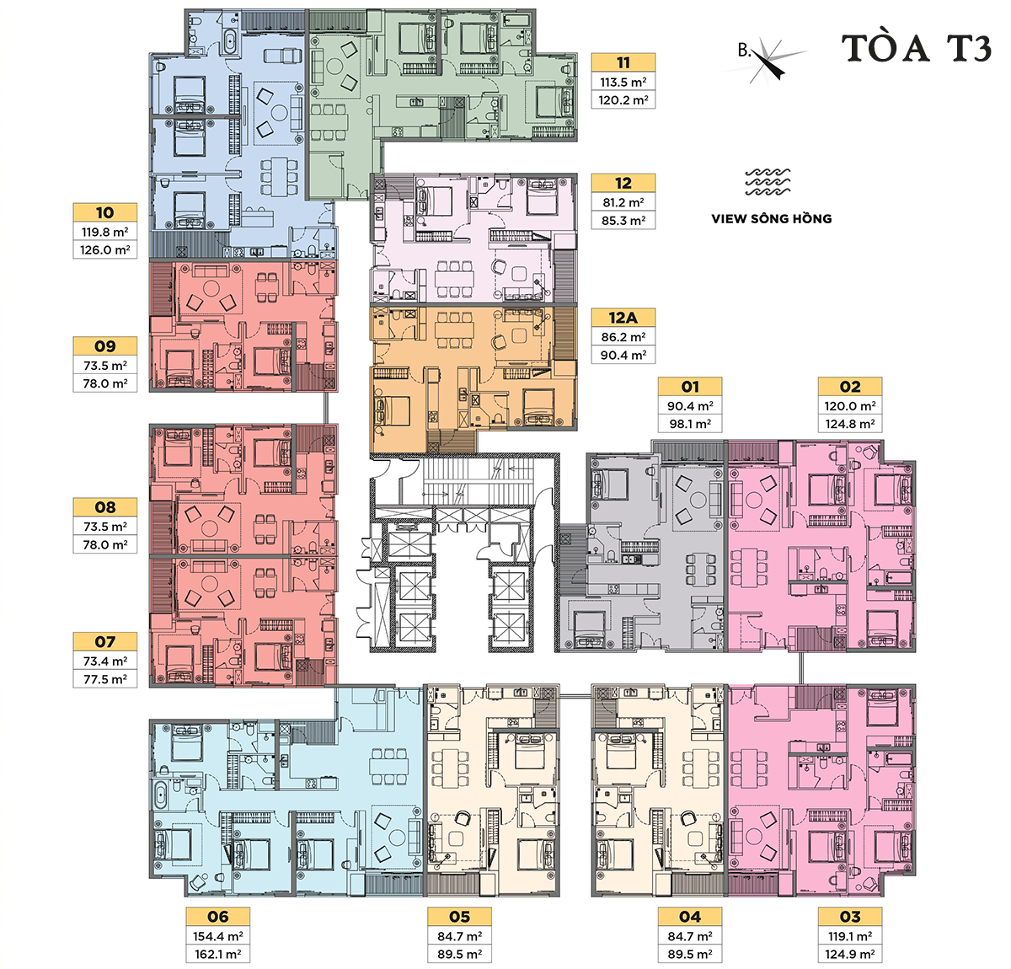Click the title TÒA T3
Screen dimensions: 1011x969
pyautogui.click(x=917, y=49)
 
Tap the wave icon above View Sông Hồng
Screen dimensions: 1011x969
pyautogui.click(x=768, y=182)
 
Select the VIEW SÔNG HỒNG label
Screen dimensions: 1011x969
pyautogui.click(x=772, y=219)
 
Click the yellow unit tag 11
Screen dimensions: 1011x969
pyautogui.click(x=623, y=63)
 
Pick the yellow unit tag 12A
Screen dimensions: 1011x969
pyautogui.click(x=623, y=318)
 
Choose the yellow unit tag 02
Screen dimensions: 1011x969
pyautogui.click(x=850, y=387)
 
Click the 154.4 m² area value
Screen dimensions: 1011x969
pyautogui.click(x=217, y=936)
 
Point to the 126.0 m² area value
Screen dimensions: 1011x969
pyautogui.click(x=105, y=250)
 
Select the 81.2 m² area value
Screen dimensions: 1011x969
pyautogui.click(x=623, y=202)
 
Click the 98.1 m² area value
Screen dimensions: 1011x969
pyautogui.click(x=690, y=424)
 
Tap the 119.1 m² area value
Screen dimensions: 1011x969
pyautogui.click(x=850, y=936)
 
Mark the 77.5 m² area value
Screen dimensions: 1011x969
pyautogui.click(x=105, y=679)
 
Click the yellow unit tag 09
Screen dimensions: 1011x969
pyautogui.click(x=105, y=346)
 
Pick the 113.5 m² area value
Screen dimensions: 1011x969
pyautogui.click(x=623, y=82)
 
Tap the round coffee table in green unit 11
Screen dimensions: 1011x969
pyautogui.click(x=334, y=67)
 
